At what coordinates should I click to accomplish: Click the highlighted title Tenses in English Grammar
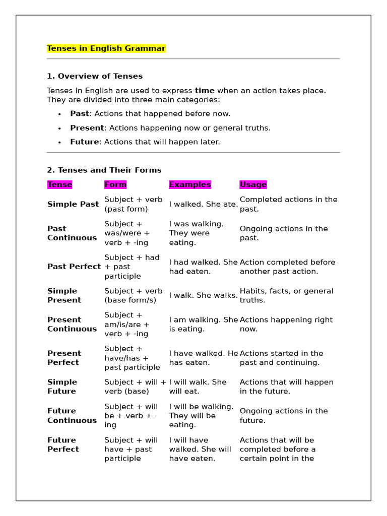tap(106, 48)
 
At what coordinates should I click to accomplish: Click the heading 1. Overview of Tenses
tap(95, 76)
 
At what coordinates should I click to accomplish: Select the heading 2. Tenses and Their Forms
tap(104, 170)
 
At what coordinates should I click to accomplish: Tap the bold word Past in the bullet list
tap(80, 113)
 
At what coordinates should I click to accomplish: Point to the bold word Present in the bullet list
tap(87, 127)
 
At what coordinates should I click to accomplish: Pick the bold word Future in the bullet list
tap(84, 142)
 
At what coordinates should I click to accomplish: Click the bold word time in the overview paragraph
tap(205, 90)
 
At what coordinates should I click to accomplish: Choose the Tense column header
tap(59, 184)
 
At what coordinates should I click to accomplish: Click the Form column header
tap(115, 184)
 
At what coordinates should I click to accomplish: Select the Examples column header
tap(190, 184)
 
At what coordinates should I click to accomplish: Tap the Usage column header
tap(253, 184)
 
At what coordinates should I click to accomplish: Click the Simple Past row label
tap(73, 204)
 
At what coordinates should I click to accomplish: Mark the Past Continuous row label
tap(72, 233)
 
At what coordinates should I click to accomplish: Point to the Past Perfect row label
tap(74, 267)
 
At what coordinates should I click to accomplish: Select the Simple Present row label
tap(64, 295)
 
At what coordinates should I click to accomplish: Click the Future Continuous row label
tap(72, 415)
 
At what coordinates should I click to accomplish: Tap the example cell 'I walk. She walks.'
tap(204, 295)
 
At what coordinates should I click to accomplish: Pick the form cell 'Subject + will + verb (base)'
tap(135, 386)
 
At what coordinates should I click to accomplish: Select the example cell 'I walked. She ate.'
tap(204, 204)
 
